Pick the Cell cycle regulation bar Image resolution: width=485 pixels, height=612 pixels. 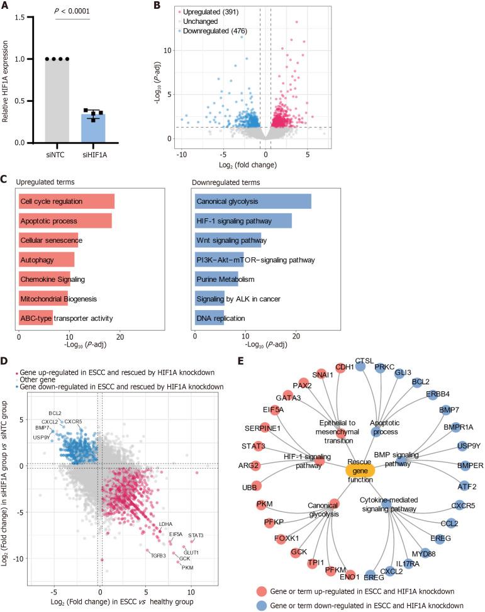click(67, 202)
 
